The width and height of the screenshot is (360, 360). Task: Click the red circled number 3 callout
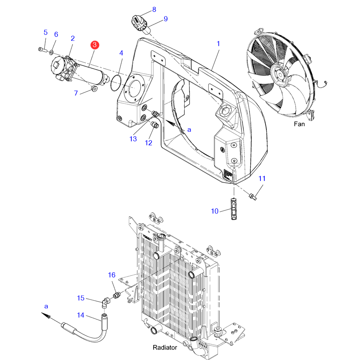(x=94, y=45)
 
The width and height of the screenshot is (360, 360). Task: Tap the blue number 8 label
(x=154, y=9)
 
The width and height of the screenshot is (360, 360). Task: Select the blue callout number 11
(x=262, y=178)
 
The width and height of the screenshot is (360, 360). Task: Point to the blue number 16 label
(x=111, y=275)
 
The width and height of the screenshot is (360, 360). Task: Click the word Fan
(x=299, y=124)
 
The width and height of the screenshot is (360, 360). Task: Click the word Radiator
(x=165, y=347)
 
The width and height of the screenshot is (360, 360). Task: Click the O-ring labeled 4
(x=116, y=83)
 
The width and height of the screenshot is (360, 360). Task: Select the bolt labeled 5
(x=42, y=50)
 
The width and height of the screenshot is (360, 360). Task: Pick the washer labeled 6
(x=51, y=53)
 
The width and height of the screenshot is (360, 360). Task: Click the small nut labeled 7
(x=94, y=89)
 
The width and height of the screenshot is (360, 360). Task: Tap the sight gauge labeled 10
(x=234, y=209)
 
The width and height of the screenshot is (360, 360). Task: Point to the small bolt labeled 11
(x=253, y=197)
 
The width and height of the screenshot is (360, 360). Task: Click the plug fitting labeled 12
(x=155, y=125)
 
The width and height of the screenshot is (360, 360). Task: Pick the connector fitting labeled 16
(x=117, y=295)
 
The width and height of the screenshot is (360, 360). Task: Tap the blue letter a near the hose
(x=46, y=306)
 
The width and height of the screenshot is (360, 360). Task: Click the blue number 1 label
(x=219, y=44)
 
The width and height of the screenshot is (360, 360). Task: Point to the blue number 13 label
(x=133, y=139)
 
